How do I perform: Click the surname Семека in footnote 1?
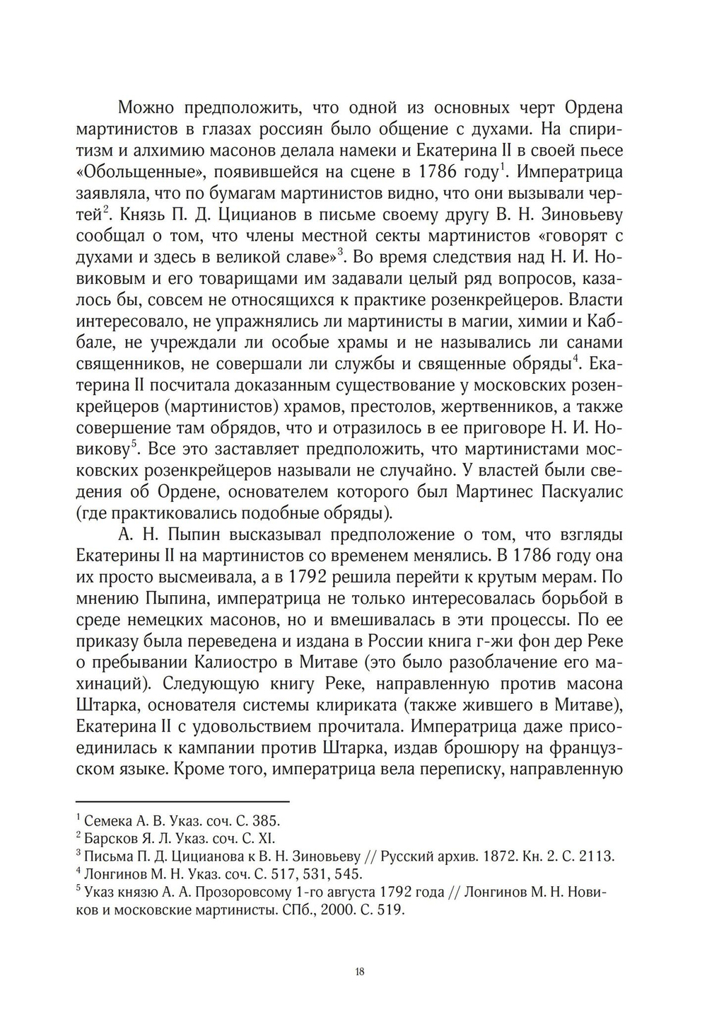coord(107,821)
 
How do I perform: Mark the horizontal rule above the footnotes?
coord(182,801)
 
